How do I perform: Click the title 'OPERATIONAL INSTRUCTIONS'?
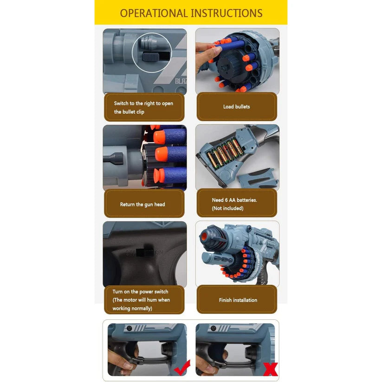coord(191,13)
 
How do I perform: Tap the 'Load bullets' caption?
coord(236,107)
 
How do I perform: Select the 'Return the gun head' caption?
coord(142,204)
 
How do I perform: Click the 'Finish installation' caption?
coord(238,300)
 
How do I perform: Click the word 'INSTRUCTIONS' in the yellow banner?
coord(226,13)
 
